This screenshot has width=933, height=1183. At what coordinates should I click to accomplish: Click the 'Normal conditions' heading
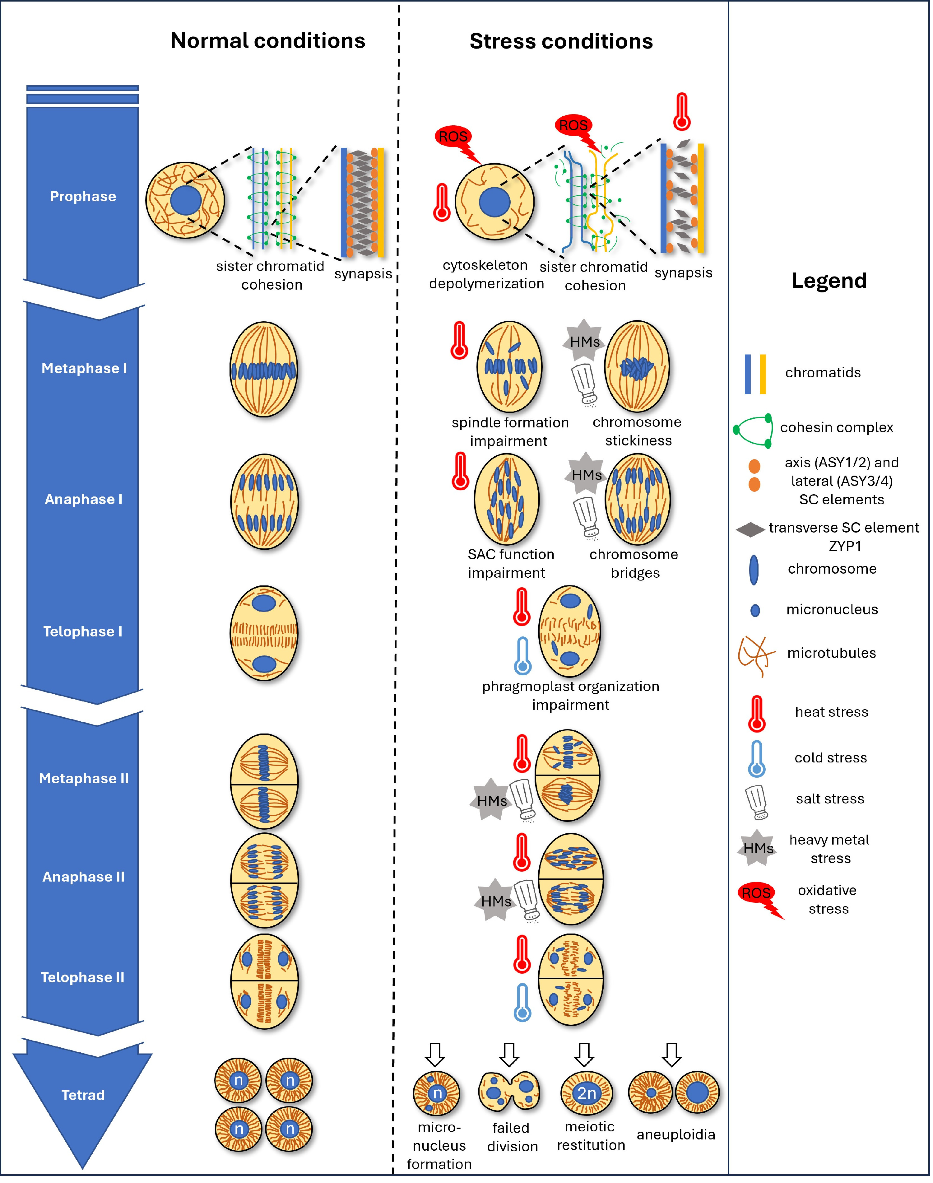[x=268, y=41]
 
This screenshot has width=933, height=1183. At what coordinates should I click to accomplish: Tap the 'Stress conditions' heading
[x=561, y=42]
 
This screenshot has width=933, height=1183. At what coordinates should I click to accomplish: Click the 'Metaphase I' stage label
[x=84, y=368]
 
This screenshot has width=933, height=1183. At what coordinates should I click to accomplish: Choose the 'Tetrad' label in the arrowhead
[x=83, y=1095]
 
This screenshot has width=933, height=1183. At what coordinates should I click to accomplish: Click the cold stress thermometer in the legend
[x=757, y=758]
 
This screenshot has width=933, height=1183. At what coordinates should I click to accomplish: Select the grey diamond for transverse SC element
[x=750, y=529]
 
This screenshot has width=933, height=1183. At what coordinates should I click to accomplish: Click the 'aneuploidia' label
[x=676, y=1134]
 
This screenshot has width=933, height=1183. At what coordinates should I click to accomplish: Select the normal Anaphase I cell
[x=264, y=501]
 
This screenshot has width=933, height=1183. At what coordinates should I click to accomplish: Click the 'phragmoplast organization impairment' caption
[x=570, y=696]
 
